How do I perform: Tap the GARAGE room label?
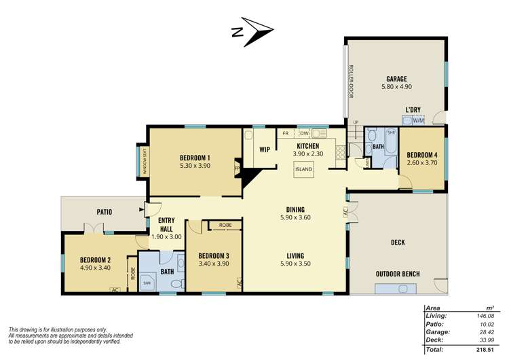(x=397, y=79)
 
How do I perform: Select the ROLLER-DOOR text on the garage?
(x=351, y=82)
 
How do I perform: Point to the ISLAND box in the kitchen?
(x=304, y=169)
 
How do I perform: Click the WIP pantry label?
(x=265, y=150)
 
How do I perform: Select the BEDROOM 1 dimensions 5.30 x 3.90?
(x=194, y=165)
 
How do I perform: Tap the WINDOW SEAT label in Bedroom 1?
(x=144, y=161)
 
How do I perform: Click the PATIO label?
(x=104, y=212)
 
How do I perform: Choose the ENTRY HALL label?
(x=166, y=225)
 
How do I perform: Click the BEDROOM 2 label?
(x=95, y=259)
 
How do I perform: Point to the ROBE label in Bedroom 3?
(x=225, y=225)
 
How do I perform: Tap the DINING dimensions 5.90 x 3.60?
(x=295, y=218)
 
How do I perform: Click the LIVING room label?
(x=295, y=255)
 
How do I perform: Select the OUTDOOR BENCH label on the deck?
(x=398, y=274)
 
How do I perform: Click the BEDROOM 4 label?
(x=421, y=154)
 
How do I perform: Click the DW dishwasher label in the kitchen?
(x=305, y=134)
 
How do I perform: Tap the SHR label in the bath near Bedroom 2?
(x=147, y=283)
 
